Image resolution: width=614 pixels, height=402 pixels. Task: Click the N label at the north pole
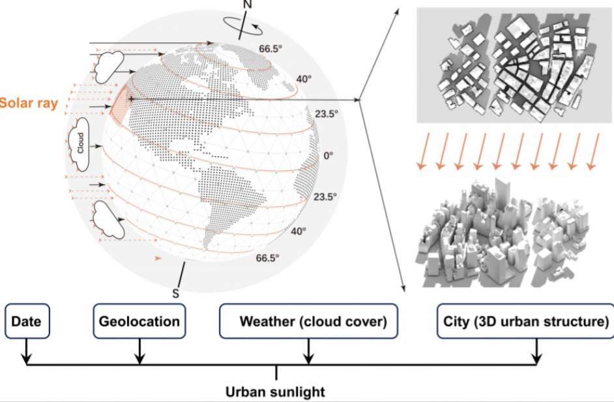pyautogui.click(x=247, y=5)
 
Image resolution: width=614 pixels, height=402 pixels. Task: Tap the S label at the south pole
pyautogui.click(x=175, y=293)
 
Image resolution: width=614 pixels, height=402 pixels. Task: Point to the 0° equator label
pyautogui.click(x=329, y=156)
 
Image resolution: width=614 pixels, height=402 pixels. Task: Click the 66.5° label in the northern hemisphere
pyautogui.click(x=269, y=48)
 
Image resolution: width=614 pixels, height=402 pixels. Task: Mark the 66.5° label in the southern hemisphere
pyautogui.click(x=267, y=258)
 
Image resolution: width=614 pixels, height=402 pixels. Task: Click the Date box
pyautogui.click(x=26, y=321)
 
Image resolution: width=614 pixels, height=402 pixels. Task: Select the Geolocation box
pyautogui.click(x=139, y=321)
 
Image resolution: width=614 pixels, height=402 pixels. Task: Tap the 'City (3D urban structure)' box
pyautogui.click(x=526, y=321)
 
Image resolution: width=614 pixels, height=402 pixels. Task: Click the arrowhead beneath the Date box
pyautogui.click(x=26, y=360)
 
